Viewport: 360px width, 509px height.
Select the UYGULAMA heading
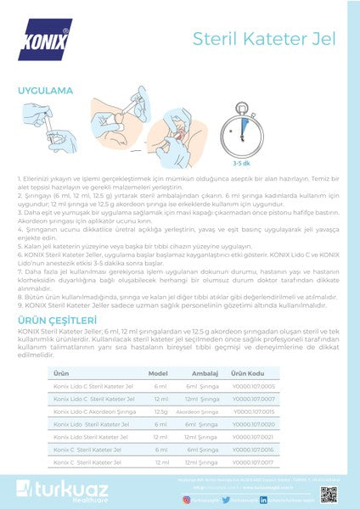pyautogui.click(x=45, y=89)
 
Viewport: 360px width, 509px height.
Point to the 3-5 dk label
pyautogui.click(x=312, y=164)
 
